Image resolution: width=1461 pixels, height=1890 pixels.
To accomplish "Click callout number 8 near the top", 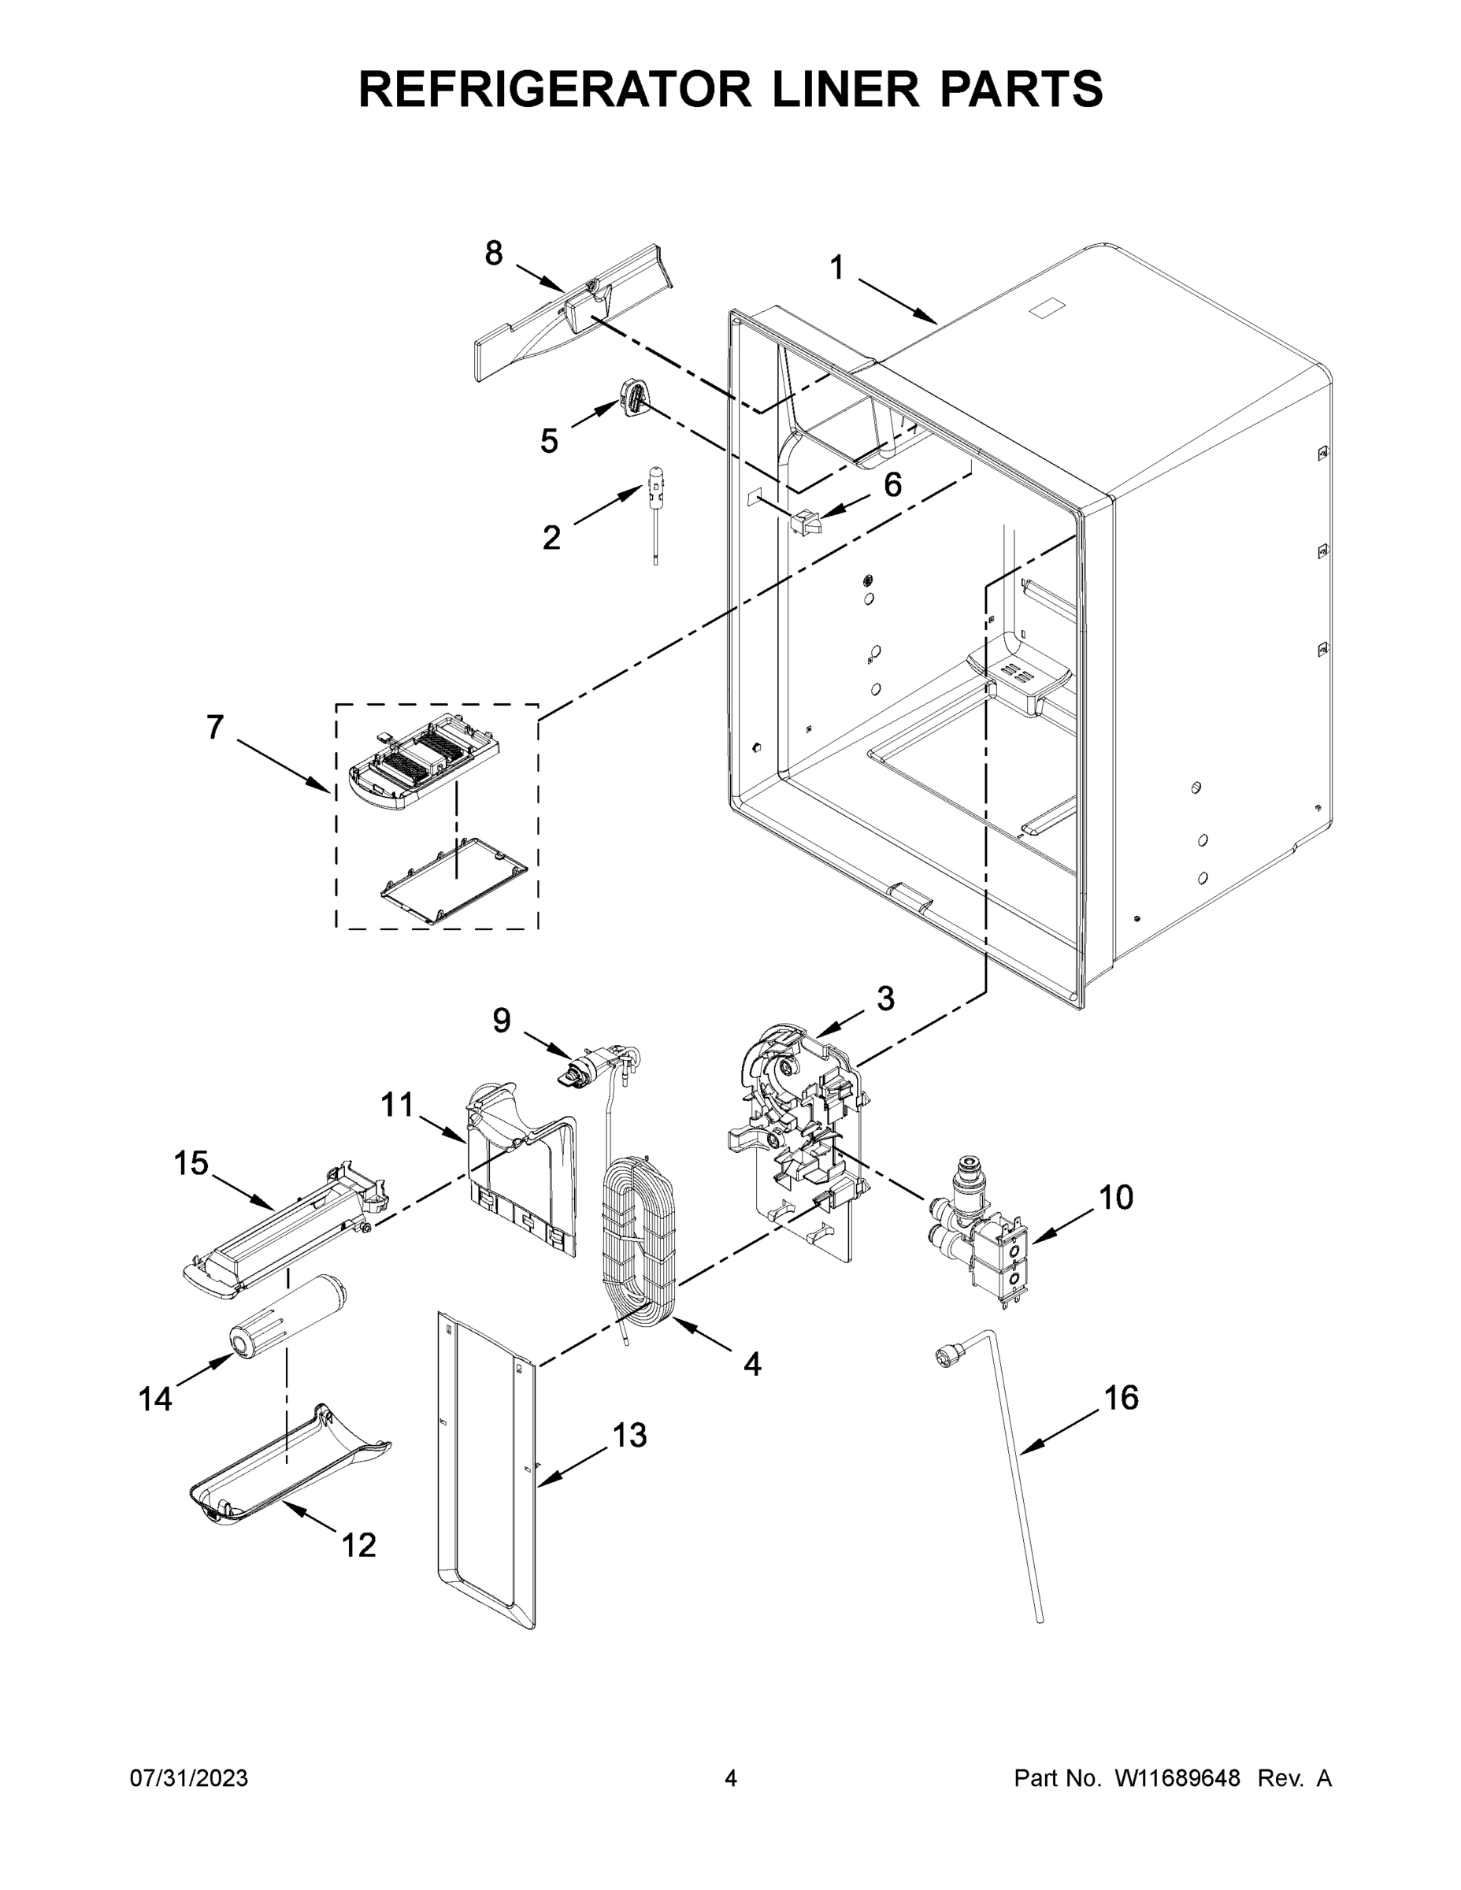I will click(x=493, y=254).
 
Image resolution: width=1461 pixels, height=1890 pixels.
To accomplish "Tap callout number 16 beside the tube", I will click(x=1122, y=1398).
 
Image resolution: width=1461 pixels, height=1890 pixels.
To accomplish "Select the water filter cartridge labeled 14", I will click(x=291, y=1320).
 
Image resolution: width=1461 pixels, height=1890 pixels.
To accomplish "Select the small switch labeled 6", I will click(x=805, y=521).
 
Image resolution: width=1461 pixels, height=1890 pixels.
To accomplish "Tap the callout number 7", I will click(x=215, y=727).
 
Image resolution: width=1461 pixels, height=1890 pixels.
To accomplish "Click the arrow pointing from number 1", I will click(x=900, y=300).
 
